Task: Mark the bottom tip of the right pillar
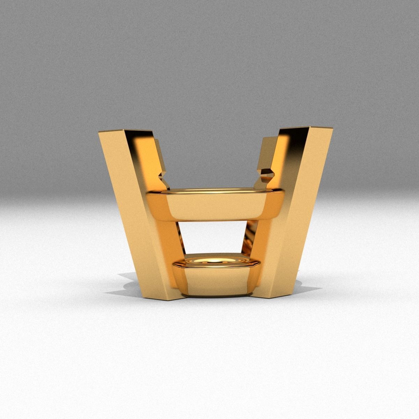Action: (269, 298)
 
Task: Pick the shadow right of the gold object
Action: (307, 286)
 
